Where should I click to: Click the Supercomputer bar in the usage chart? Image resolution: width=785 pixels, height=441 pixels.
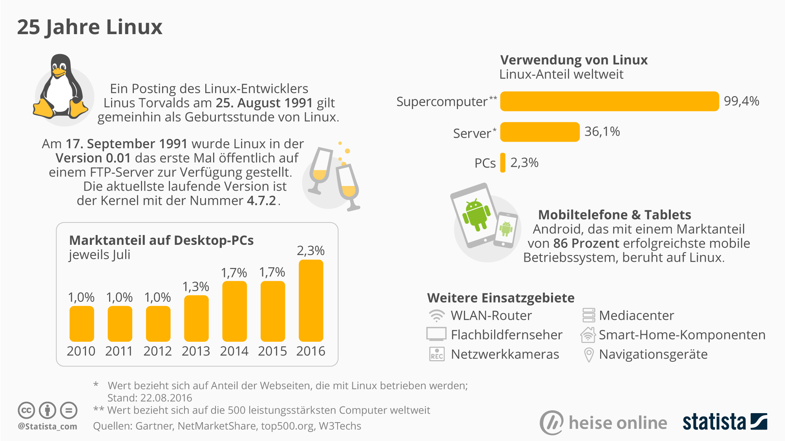(x=609, y=101)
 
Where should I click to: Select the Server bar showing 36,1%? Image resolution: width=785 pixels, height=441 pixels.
(x=540, y=132)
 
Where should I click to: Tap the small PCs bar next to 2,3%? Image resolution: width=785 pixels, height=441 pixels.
(x=503, y=162)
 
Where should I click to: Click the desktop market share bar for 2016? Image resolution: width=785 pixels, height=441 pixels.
(x=311, y=301)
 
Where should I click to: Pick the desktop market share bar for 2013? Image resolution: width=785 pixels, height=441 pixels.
(x=196, y=318)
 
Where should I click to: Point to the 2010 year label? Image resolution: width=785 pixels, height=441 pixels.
(x=81, y=351)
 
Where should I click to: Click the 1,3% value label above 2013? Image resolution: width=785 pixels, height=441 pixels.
(x=196, y=287)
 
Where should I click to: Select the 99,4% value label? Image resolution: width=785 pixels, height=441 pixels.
(x=741, y=101)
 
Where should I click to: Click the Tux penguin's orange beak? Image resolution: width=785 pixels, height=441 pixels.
(x=59, y=72)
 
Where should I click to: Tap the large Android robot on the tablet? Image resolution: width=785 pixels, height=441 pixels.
(x=476, y=214)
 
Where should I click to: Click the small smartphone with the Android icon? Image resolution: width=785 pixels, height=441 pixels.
(x=506, y=230)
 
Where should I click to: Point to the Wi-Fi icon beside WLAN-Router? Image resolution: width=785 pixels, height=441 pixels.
(x=436, y=315)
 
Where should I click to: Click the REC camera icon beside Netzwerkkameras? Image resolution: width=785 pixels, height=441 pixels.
(x=436, y=354)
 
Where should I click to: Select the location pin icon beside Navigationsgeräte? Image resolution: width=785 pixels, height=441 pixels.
(x=588, y=354)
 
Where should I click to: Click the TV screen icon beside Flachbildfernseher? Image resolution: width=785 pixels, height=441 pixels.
(x=436, y=334)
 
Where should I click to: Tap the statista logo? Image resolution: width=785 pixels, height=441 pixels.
(x=724, y=422)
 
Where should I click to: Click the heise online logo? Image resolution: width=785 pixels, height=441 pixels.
(x=604, y=423)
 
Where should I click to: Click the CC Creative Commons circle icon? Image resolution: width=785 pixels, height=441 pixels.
(x=26, y=410)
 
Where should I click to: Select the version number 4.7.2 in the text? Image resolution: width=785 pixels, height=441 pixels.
(x=261, y=200)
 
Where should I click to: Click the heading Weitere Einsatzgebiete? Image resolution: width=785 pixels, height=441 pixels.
(x=500, y=298)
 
